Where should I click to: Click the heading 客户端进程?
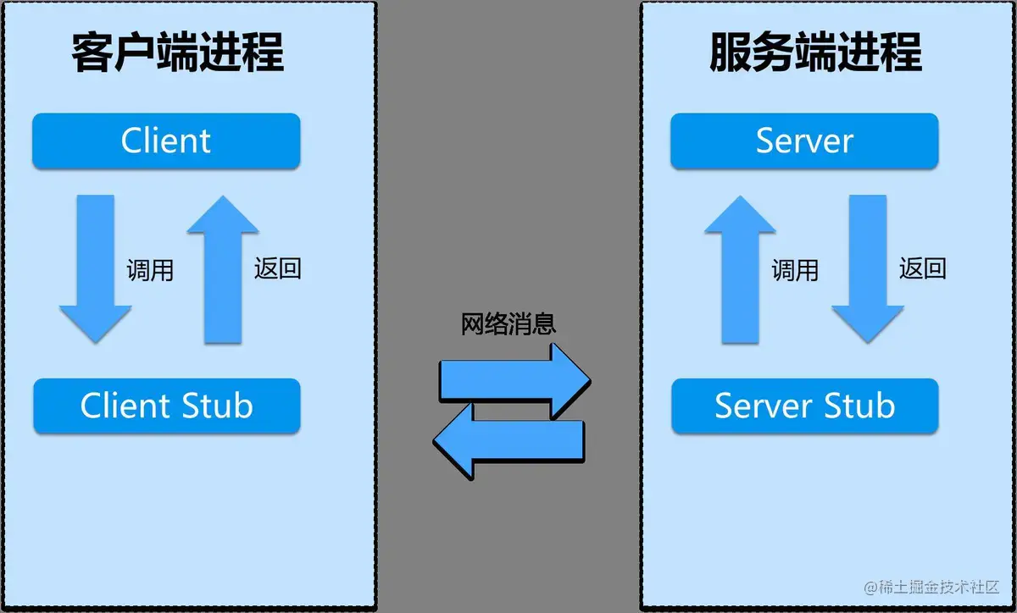click(x=177, y=53)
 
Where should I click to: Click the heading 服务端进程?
click(x=815, y=53)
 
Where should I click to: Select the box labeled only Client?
click(x=166, y=141)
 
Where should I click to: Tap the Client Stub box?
click(x=166, y=406)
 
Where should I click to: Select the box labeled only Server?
click(x=804, y=141)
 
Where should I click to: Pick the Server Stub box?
click(x=804, y=406)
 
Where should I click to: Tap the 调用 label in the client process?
click(x=149, y=270)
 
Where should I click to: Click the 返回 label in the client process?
click(x=277, y=268)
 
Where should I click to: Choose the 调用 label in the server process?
click(x=795, y=270)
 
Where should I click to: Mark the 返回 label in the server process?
click(x=923, y=268)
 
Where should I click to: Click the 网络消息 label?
click(x=508, y=324)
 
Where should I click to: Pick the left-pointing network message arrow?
click(x=508, y=445)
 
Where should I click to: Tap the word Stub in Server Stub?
click(x=857, y=406)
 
